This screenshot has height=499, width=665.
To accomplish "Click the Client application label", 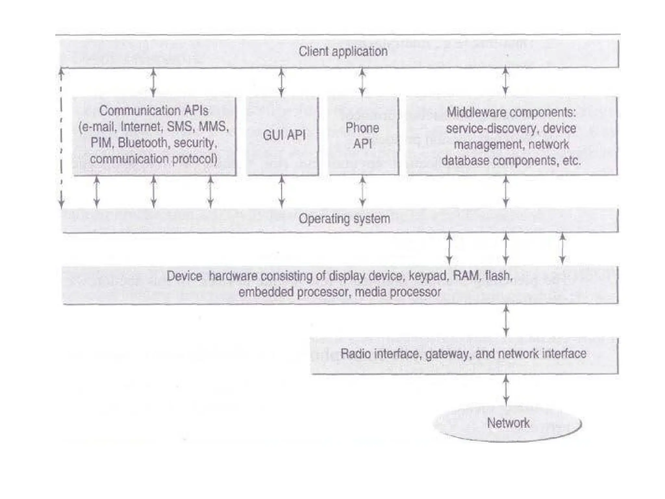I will click(x=343, y=52).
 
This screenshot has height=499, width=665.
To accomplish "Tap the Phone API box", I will click(x=363, y=136).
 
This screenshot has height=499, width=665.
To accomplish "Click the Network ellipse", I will click(x=508, y=423).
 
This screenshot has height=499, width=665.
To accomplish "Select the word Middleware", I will click(x=470, y=112).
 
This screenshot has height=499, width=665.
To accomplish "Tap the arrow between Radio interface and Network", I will click(x=506, y=390).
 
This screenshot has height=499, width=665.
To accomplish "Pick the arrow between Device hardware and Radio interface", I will click(x=506, y=321).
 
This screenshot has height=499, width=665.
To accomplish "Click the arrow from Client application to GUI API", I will click(x=282, y=83).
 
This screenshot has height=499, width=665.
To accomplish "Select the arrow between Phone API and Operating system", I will click(x=363, y=191).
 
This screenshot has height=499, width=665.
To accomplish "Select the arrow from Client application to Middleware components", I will click(x=506, y=81).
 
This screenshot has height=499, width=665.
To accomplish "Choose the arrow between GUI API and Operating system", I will click(x=282, y=191).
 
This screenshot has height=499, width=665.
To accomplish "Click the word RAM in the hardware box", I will click(x=466, y=276).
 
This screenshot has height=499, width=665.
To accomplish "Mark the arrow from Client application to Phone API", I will click(x=362, y=83).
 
